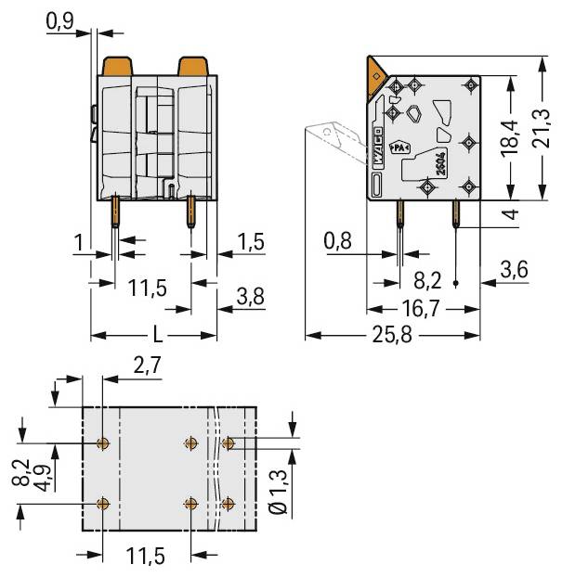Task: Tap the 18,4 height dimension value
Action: point(508,139)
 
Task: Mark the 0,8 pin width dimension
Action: point(340,242)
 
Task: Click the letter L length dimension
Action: point(155,335)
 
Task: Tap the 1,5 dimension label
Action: point(248,242)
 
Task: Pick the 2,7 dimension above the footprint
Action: point(147,366)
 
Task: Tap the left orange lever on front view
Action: point(118,67)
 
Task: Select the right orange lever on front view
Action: point(193,67)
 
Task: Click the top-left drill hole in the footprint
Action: point(103,443)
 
